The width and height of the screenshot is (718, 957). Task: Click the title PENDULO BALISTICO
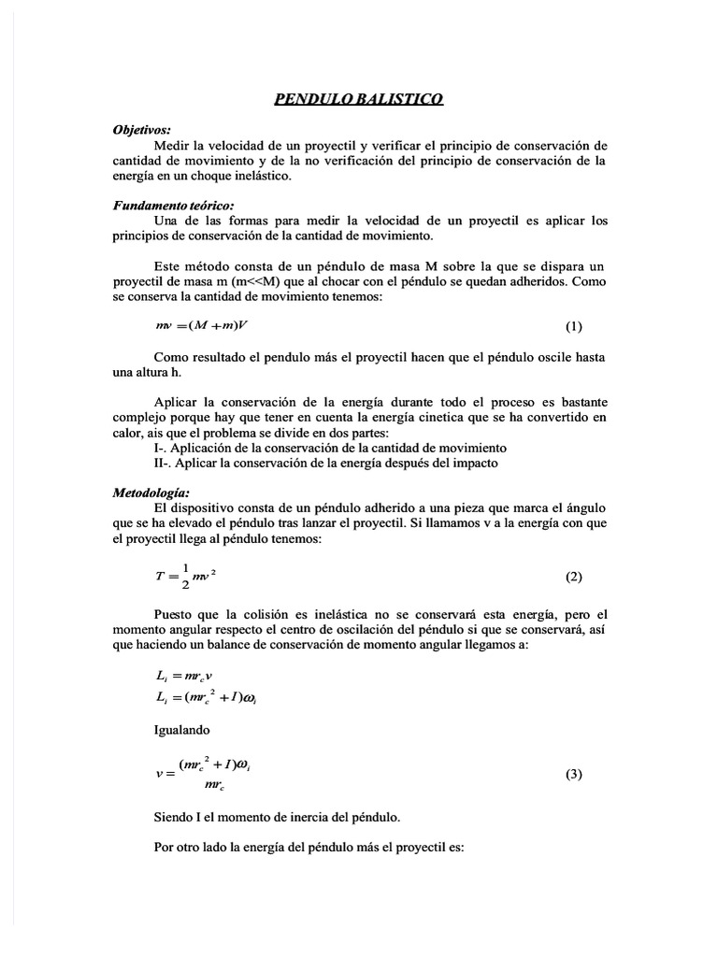point(358,100)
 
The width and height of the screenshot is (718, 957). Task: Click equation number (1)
point(573,326)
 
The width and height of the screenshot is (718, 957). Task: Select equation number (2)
point(573,577)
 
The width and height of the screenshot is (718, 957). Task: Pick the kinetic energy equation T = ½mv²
point(186,578)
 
